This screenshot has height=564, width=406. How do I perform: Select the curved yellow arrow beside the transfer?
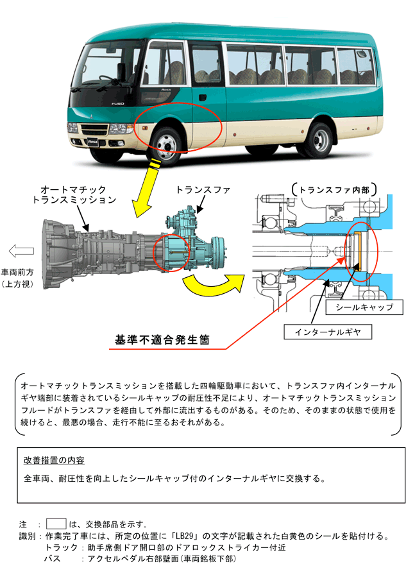coord(211,283)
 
